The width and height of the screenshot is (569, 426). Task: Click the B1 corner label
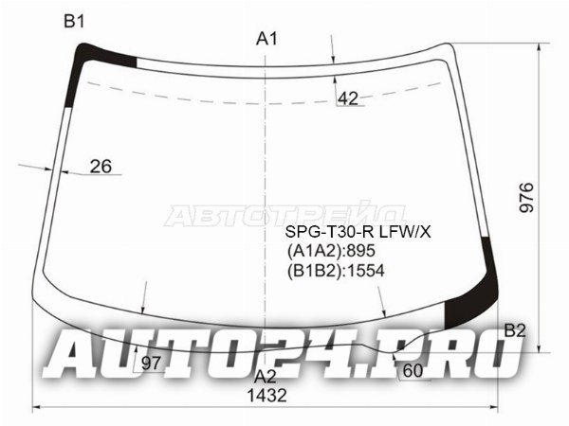point(74,22)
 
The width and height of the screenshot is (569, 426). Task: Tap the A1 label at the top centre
point(266,39)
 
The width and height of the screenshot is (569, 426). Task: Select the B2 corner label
point(515,330)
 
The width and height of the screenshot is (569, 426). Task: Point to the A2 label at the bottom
point(266,377)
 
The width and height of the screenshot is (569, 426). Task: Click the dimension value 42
point(348,98)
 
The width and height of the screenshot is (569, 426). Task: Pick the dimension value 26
point(101,167)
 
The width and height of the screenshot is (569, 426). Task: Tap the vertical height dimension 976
point(527,198)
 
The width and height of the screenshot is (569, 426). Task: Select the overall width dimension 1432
point(267,395)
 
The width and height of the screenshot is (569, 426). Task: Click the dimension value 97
point(151,364)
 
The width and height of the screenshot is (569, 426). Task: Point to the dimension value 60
point(413,370)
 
